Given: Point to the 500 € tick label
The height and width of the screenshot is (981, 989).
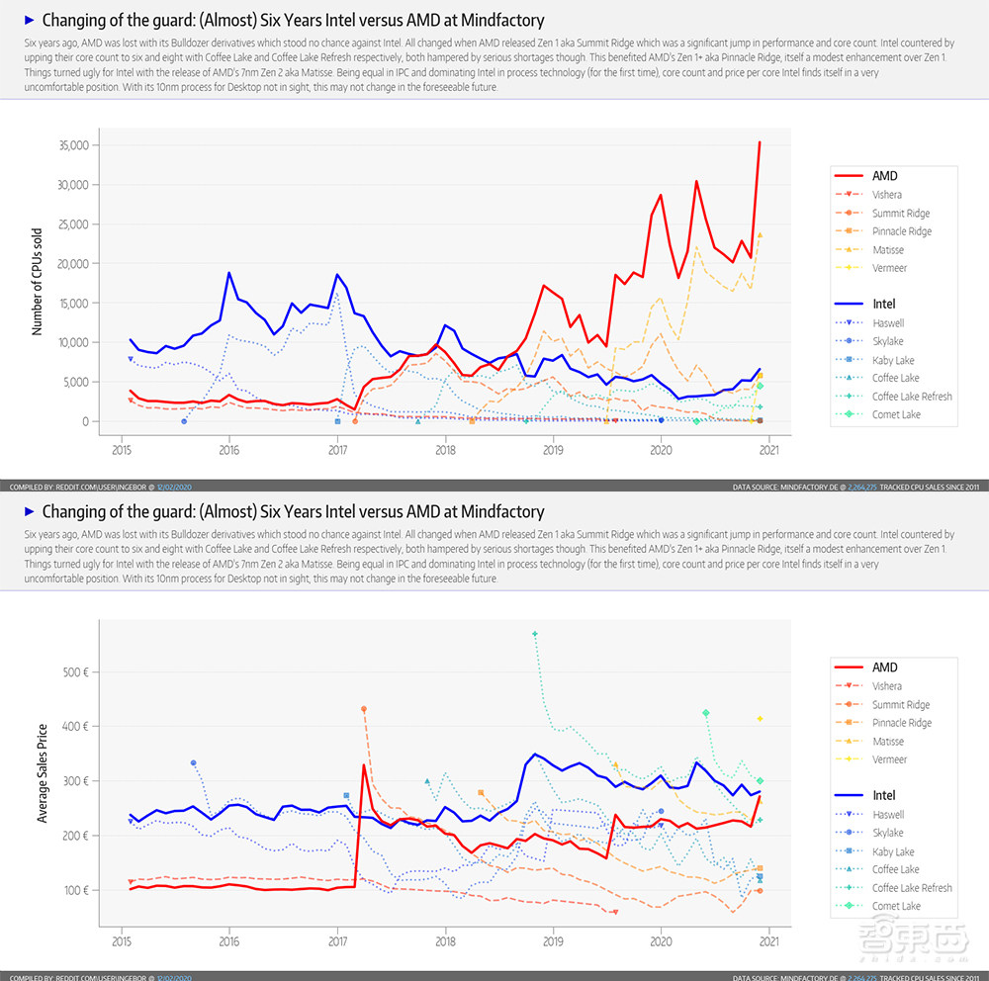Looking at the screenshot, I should pos(77,672).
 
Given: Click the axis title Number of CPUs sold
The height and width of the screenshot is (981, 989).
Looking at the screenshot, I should pos(38,280).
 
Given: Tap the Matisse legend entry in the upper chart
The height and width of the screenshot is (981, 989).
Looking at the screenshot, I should pos(887,250).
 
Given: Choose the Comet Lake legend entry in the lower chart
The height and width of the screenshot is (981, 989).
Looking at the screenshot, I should pos(895,906).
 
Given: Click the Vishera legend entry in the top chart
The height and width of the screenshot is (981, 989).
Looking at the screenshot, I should pos(886,195).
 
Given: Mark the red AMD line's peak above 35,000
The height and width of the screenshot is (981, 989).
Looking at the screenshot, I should pos(760,142).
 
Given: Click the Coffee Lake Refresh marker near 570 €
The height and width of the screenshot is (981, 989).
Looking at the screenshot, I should pos(535,633).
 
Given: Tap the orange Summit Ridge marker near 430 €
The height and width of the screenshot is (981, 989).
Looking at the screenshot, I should pos(364,709).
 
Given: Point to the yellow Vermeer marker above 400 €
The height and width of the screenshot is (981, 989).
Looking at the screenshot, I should pos(760,718).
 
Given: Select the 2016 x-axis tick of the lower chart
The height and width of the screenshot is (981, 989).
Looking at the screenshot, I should pos(229,942).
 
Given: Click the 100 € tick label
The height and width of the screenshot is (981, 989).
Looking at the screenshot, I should pos(77,890).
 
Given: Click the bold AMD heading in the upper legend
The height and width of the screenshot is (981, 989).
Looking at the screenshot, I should pos(884,176).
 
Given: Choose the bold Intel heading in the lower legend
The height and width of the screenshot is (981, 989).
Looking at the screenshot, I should pos(884,795).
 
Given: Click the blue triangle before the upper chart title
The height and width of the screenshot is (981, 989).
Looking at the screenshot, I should pos(29,20).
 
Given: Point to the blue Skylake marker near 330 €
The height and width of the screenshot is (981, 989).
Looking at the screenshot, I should pos(194,762).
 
